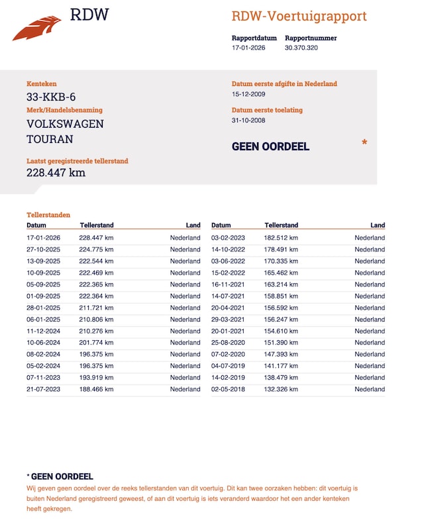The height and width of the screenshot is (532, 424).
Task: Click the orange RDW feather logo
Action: pos(36,28)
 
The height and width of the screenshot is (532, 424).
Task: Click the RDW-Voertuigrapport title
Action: pos(299,17)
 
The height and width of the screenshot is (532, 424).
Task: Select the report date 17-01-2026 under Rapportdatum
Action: pos(248,48)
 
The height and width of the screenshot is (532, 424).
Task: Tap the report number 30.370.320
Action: pos(301,48)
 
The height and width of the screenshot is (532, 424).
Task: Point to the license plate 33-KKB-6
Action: pos(51,97)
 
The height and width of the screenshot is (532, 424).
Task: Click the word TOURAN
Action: pos(50,139)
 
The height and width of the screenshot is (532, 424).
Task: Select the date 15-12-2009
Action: pos(248,95)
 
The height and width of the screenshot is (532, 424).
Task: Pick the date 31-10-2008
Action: pos(248,120)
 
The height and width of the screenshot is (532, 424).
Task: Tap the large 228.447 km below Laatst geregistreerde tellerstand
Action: pos(56,173)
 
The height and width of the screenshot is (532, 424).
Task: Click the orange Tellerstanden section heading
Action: pos(48,215)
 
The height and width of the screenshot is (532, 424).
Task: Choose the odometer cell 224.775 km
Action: pos(96,249)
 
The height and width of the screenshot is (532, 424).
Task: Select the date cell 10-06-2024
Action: pos(43,343)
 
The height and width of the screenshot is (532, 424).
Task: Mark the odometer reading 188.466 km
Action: pos(96,390)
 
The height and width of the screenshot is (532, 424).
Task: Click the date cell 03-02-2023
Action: pos(228,238)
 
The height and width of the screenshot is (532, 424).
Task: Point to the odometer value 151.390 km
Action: pos(281,343)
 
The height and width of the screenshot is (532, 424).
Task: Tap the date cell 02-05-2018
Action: pos(228,390)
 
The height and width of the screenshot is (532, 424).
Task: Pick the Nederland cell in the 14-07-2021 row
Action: pos(369,296)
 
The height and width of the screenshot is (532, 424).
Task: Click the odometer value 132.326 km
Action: pos(281,390)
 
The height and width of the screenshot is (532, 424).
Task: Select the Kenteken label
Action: pos(42,84)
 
